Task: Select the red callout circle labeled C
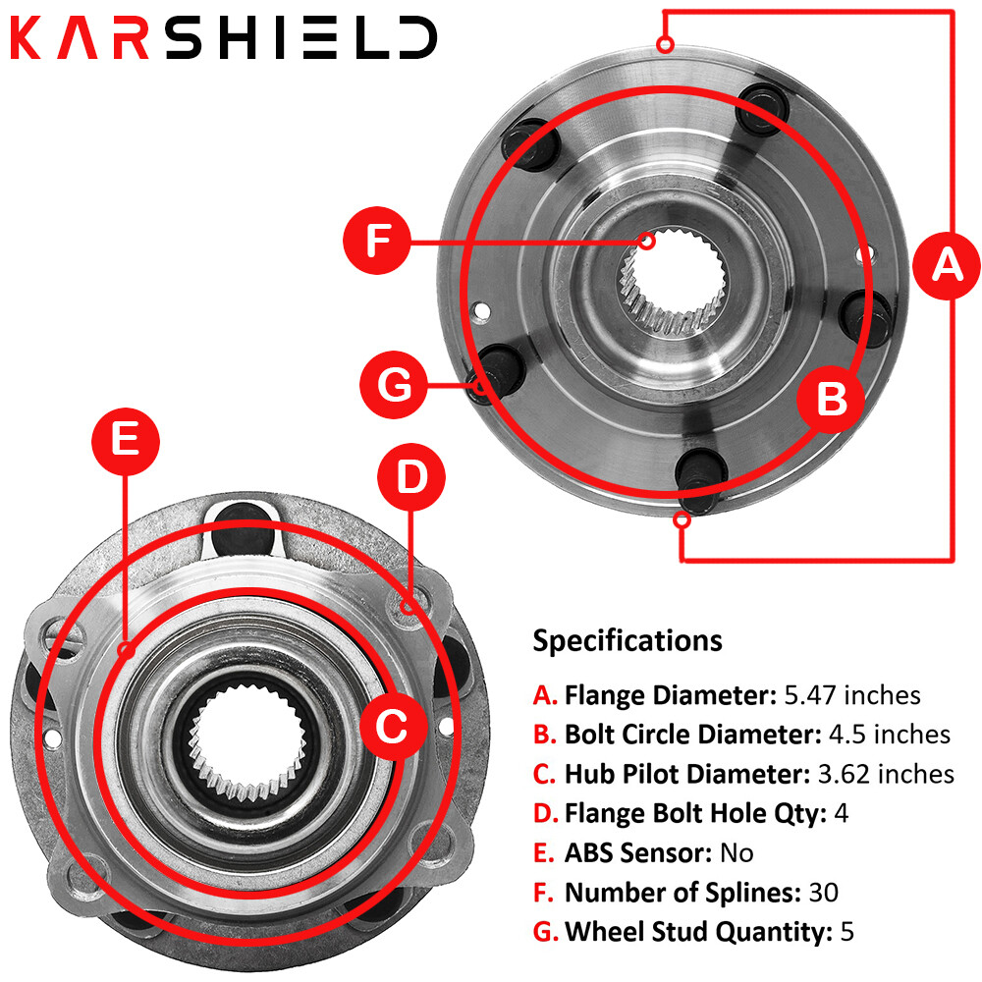click(392, 727)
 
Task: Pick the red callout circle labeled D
click(411, 477)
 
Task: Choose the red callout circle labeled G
click(396, 385)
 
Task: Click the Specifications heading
click(627, 641)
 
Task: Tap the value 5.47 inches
click(851, 695)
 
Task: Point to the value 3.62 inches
click(886, 774)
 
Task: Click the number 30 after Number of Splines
click(823, 892)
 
